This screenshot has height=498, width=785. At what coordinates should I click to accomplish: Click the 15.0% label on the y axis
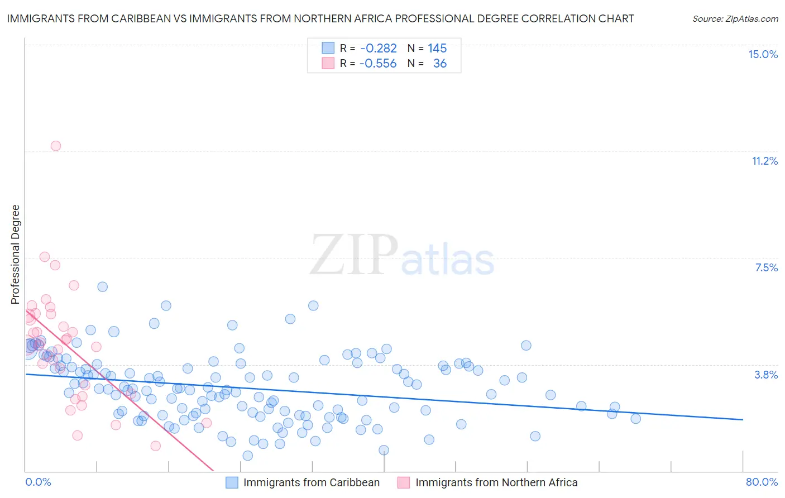click(763, 54)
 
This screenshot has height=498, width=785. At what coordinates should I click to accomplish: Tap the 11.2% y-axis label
click(764, 161)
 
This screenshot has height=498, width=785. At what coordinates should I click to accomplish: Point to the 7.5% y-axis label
click(766, 267)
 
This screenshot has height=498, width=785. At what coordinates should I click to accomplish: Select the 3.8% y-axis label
click(766, 375)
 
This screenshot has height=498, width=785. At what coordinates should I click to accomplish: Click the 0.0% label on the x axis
click(38, 482)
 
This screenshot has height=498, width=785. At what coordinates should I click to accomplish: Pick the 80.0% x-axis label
click(762, 482)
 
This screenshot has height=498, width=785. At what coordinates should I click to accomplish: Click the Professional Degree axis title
click(16, 255)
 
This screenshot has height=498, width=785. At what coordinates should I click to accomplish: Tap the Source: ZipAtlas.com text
click(735, 18)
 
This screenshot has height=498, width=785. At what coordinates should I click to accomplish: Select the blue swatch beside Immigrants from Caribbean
click(232, 482)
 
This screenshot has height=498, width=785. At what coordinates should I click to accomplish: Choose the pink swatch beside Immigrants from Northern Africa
click(404, 482)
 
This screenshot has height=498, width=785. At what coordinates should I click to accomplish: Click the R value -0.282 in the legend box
click(379, 49)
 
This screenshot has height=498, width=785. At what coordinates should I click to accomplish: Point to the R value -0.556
click(378, 64)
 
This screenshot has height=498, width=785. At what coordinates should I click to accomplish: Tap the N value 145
click(437, 49)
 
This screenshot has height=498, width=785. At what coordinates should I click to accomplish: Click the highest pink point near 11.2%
click(56, 146)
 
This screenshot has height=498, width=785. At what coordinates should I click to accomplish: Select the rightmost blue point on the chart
click(635, 419)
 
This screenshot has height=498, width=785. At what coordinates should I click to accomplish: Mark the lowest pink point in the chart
click(156, 446)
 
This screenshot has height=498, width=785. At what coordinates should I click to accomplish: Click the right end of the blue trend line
click(743, 419)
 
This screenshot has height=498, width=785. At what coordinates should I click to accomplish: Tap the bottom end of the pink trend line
click(213, 471)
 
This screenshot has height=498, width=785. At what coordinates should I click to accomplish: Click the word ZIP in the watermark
click(354, 255)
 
